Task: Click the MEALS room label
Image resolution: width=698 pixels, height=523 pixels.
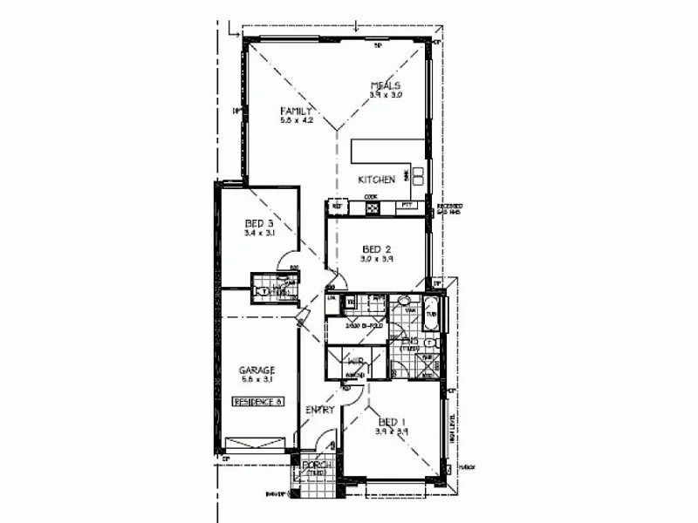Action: pos(384,85)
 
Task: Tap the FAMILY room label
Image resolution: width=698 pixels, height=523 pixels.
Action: pos(296,112)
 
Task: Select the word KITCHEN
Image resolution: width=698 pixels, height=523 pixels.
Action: pos(377,179)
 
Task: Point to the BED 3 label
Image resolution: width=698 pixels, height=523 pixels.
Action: pos(260,223)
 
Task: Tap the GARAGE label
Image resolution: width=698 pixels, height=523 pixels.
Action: pos(257,370)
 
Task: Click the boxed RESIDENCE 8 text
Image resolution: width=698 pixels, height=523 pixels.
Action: pos(257,402)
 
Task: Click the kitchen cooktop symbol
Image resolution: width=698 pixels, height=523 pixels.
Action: pos(370,206)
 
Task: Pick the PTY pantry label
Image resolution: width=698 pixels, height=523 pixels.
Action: pos(406,206)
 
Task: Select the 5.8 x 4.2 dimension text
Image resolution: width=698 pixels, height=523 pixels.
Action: pos(296,121)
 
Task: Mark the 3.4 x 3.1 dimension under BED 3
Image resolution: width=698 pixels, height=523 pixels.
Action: pos(260,234)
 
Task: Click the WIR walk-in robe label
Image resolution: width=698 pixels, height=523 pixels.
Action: pos(356,362)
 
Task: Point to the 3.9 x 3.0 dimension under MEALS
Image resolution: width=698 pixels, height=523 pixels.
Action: pos(384,95)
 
